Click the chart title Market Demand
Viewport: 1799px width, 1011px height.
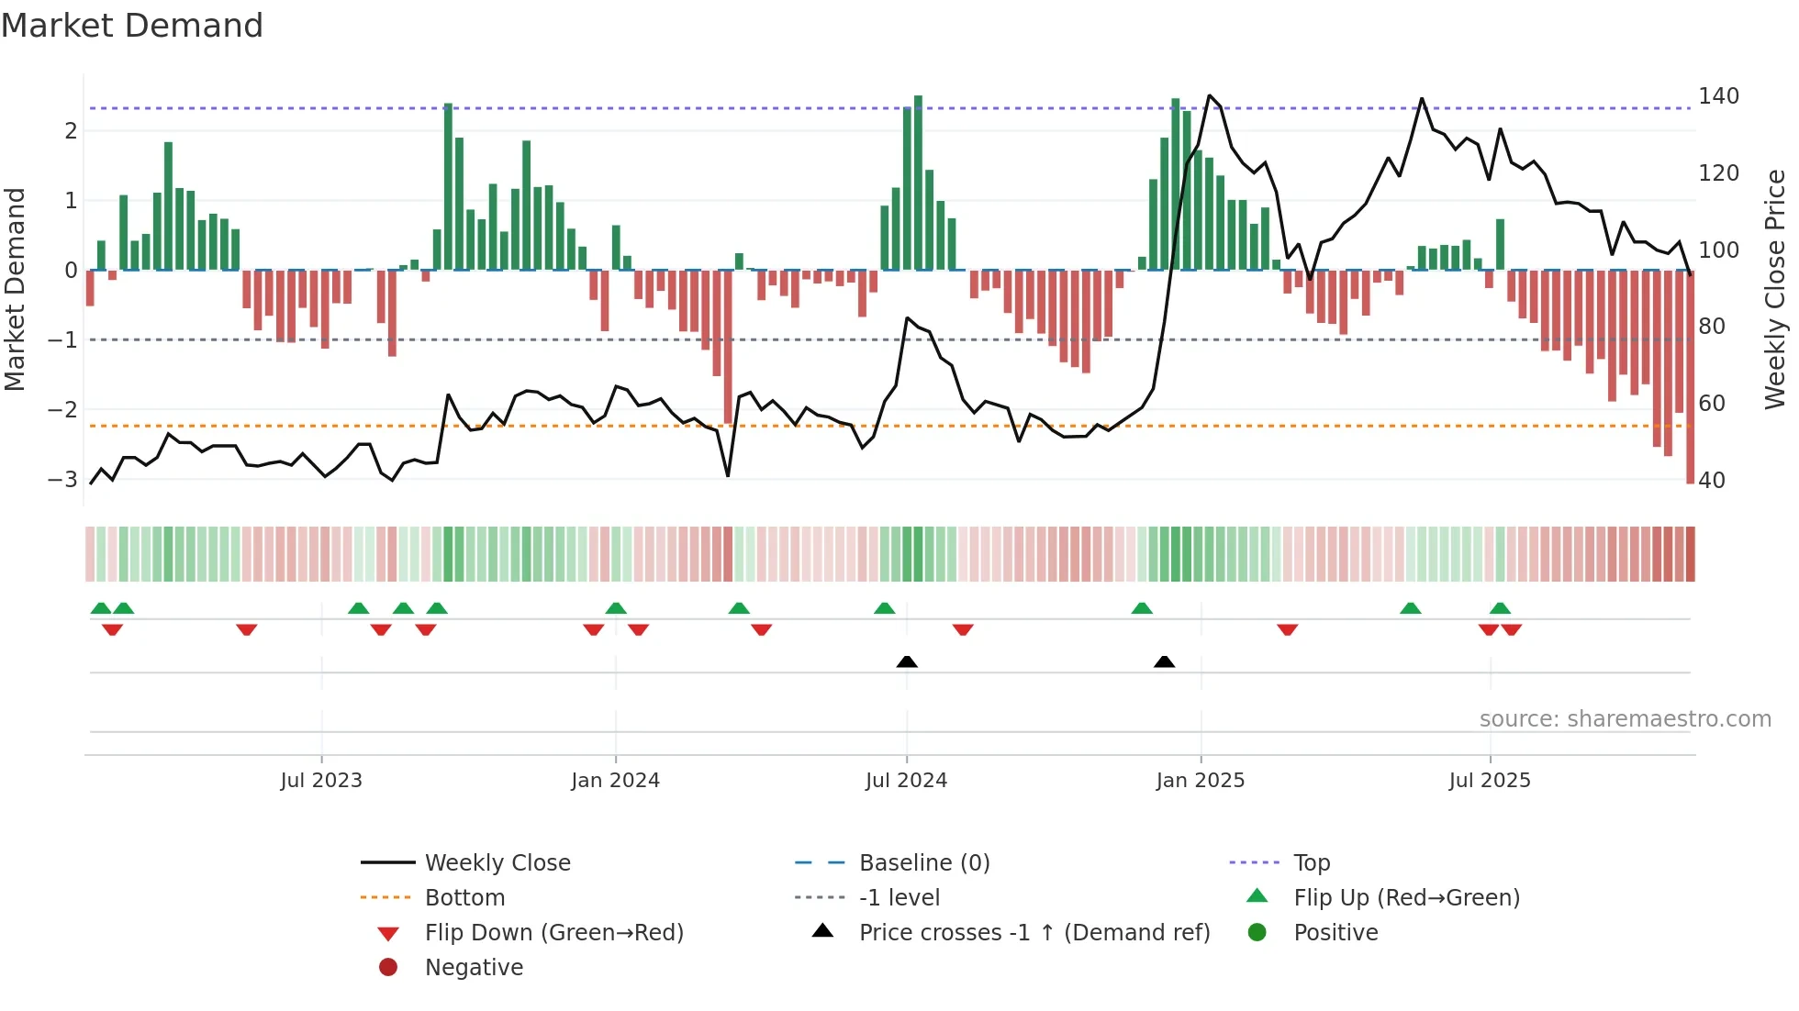coord(132,25)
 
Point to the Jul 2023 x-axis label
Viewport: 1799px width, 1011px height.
coord(321,780)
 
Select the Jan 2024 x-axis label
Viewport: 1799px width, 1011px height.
coord(615,780)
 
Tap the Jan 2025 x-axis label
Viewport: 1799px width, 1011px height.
coord(1200,780)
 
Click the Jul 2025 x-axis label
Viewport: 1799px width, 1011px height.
coord(1490,780)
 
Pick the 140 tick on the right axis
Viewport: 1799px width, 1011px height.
coord(1718,96)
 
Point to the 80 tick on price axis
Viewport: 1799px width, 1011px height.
coord(1712,326)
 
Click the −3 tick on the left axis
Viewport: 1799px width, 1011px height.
coord(62,479)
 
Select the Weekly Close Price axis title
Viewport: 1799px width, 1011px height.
coord(1775,289)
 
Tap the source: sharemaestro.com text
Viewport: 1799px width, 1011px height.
coord(1625,718)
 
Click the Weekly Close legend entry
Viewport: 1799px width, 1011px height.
coord(497,862)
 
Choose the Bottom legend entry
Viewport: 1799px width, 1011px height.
coord(464,897)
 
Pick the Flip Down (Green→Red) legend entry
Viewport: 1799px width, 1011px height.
coord(553,932)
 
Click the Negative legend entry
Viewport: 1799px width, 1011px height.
coord(474,967)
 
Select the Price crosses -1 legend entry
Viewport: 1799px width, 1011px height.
coord(1034,932)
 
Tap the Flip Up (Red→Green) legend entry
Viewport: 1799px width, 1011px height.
coord(1406,897)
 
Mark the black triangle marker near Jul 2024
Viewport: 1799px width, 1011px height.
coord(907,661)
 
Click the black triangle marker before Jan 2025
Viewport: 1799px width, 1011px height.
coord(1164,661)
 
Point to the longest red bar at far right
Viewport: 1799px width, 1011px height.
coord(1690,376)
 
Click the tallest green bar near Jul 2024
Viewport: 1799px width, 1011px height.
coord(918,183)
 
